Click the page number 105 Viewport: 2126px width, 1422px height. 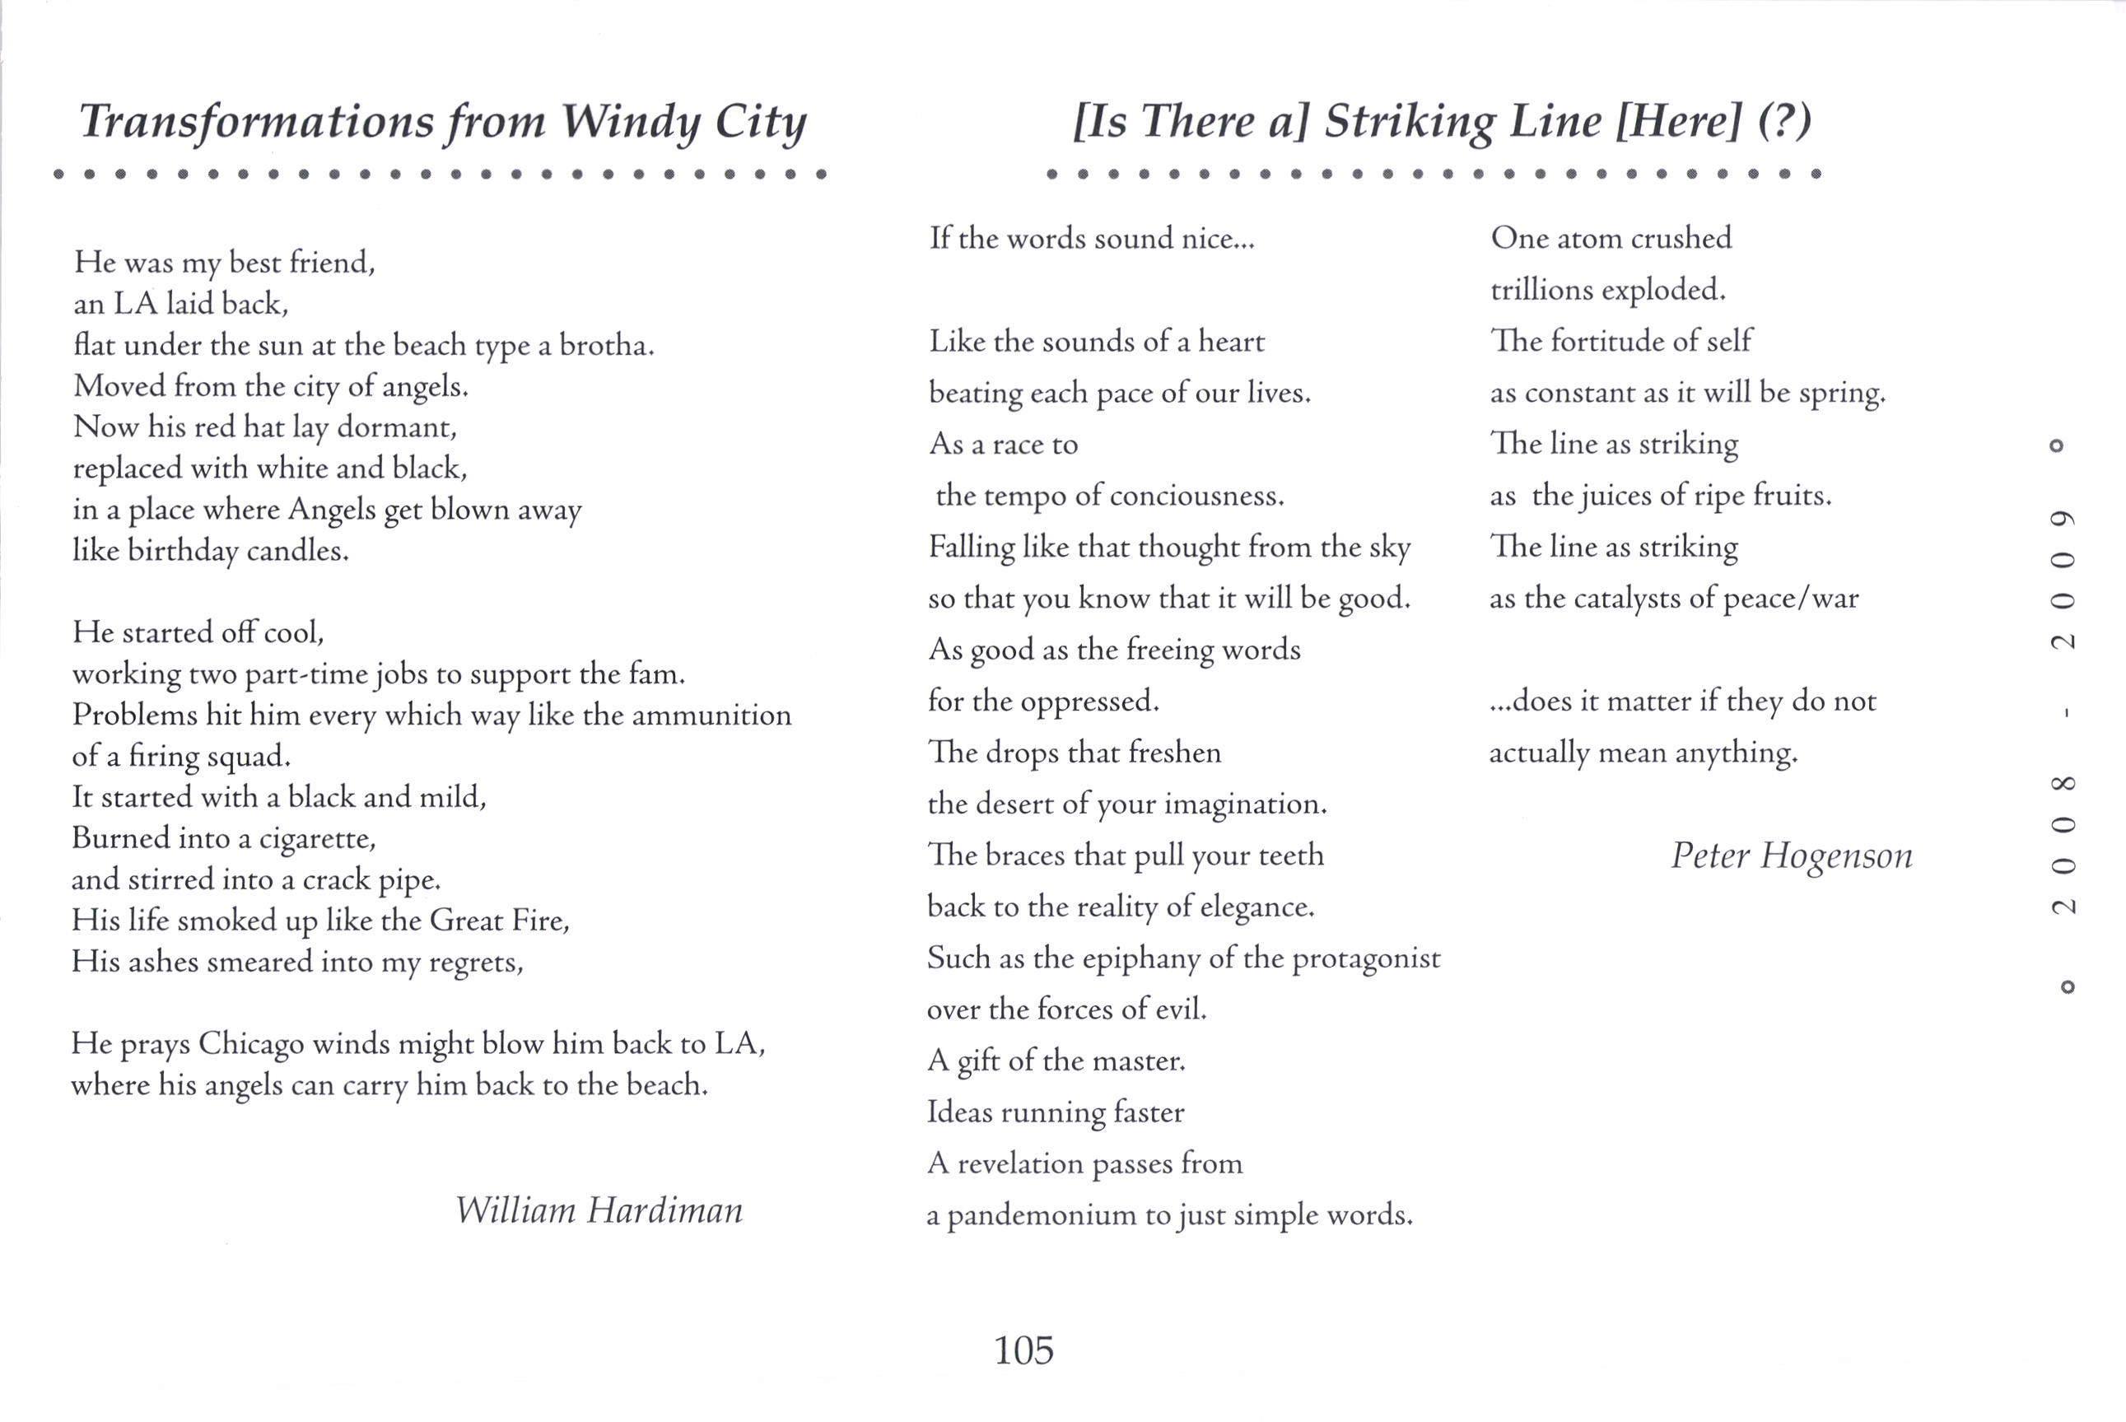pos(1023,1350)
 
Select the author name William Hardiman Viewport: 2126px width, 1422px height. pos(599,1210)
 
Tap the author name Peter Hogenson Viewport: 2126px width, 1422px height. pos(1792,856)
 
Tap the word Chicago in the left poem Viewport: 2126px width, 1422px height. pos(251,1044)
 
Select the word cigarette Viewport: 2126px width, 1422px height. pos(316,839)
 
